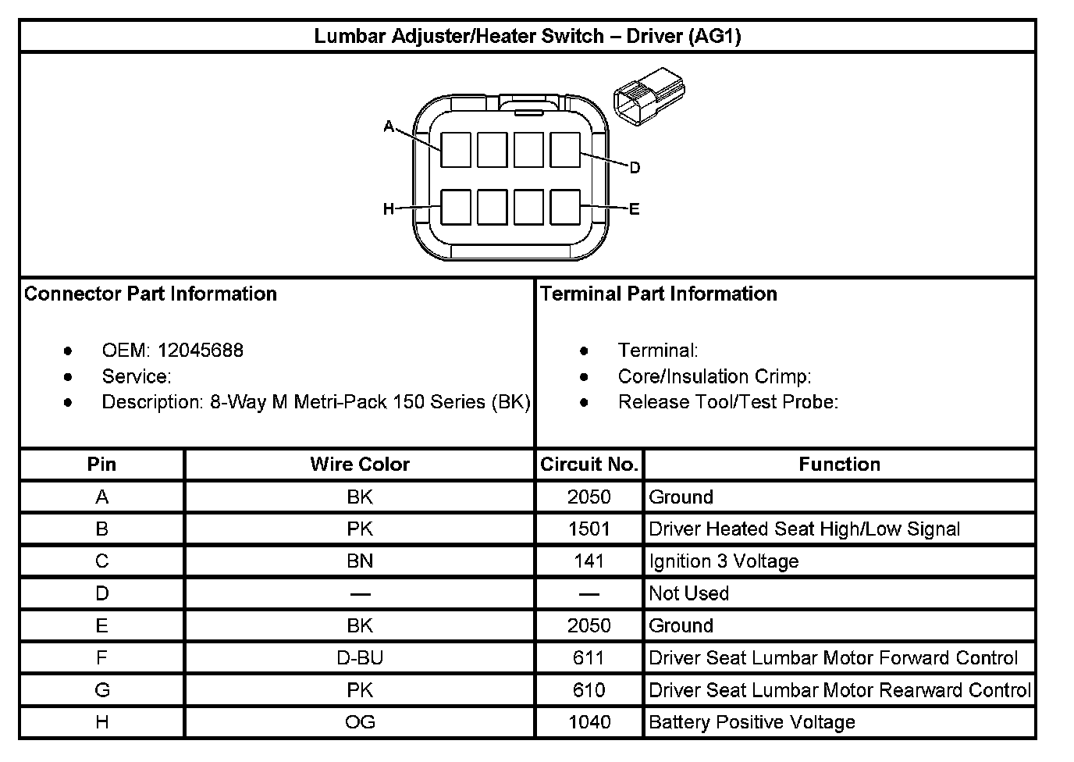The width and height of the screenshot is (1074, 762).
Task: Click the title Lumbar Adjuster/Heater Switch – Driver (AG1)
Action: click(527, 36)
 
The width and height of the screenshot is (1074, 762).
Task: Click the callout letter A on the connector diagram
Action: click(389, 126)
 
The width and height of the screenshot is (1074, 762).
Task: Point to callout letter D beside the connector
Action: click(635, 168)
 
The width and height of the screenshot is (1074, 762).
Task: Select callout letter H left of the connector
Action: click(388, 208)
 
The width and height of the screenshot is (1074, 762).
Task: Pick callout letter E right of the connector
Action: click(634, 208)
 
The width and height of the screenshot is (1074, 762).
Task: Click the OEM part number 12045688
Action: click(201, 351)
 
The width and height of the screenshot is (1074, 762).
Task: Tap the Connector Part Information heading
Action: click(151, 294)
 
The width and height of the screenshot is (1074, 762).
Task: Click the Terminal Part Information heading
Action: click(658, 294)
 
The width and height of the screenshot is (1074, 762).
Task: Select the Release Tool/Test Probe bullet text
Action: click(727, 402)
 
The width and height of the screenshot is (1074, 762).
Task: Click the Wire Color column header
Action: click(359, 465)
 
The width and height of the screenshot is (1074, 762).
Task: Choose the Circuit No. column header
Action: click(589, 465)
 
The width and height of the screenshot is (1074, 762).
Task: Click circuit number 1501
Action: click(589, 529)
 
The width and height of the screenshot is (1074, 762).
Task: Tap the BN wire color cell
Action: click(359, 561)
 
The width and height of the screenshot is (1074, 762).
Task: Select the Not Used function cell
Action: click(688, 593)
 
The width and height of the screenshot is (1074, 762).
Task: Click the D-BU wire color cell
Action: click(359, 658)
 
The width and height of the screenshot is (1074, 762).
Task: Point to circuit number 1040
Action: click(589, 722)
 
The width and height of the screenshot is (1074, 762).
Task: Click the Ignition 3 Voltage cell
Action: click(724, 561)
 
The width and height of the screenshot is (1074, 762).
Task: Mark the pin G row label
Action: click(101, 690)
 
